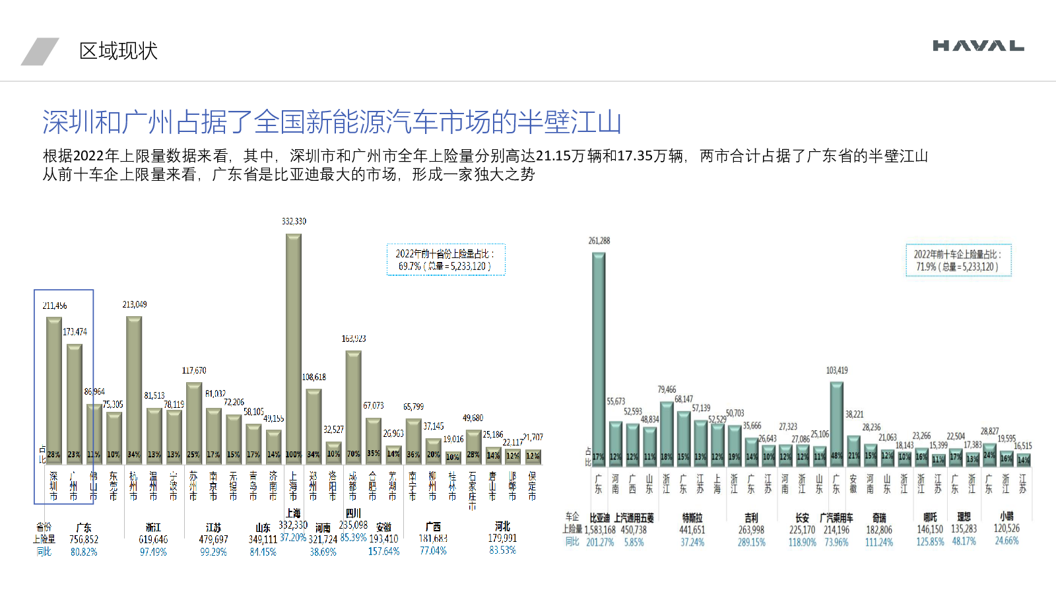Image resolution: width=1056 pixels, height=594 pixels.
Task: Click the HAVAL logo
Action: tap(978, 46)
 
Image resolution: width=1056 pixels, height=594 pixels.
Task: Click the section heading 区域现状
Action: tap(118, 51)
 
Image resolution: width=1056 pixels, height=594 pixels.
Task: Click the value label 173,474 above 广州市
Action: tap(75, 332)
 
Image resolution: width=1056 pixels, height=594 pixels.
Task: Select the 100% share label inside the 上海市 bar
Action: tap(294, 455)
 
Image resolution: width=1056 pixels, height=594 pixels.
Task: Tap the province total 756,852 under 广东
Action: tap(84, 540)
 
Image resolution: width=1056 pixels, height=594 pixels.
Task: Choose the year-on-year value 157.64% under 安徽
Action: tap(383, 551)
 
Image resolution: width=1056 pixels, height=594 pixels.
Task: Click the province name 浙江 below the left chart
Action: tap(153, 527)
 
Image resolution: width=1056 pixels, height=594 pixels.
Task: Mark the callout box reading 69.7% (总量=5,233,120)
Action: tap(445, 260)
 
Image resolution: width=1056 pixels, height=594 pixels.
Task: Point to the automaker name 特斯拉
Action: tap(692, 518)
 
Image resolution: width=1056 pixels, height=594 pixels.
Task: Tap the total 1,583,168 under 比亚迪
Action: tap(600, 530)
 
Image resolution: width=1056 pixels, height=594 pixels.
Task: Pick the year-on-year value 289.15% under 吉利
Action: tap(752, 543)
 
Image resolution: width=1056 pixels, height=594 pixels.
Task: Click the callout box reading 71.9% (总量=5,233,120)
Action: tap(958, 261)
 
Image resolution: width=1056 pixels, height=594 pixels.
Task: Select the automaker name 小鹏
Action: tap(1006, 517)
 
